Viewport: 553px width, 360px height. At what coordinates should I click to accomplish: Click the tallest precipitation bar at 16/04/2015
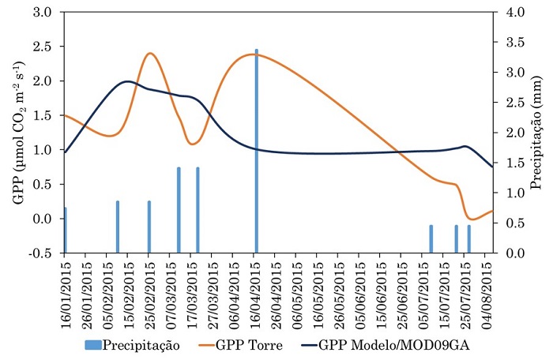[256, 151]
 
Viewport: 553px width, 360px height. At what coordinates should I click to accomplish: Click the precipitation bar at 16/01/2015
[65, 230]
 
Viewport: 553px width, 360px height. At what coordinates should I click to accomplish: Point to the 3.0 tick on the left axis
[43, 13]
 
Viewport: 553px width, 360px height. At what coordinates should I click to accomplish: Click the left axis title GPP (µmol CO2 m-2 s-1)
[17, 133]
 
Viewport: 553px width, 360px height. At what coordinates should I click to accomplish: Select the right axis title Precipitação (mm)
[537, 133]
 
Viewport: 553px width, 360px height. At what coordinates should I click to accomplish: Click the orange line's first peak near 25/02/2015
[150, 54]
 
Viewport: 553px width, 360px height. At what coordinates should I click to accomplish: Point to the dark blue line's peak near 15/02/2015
[128, 81]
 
